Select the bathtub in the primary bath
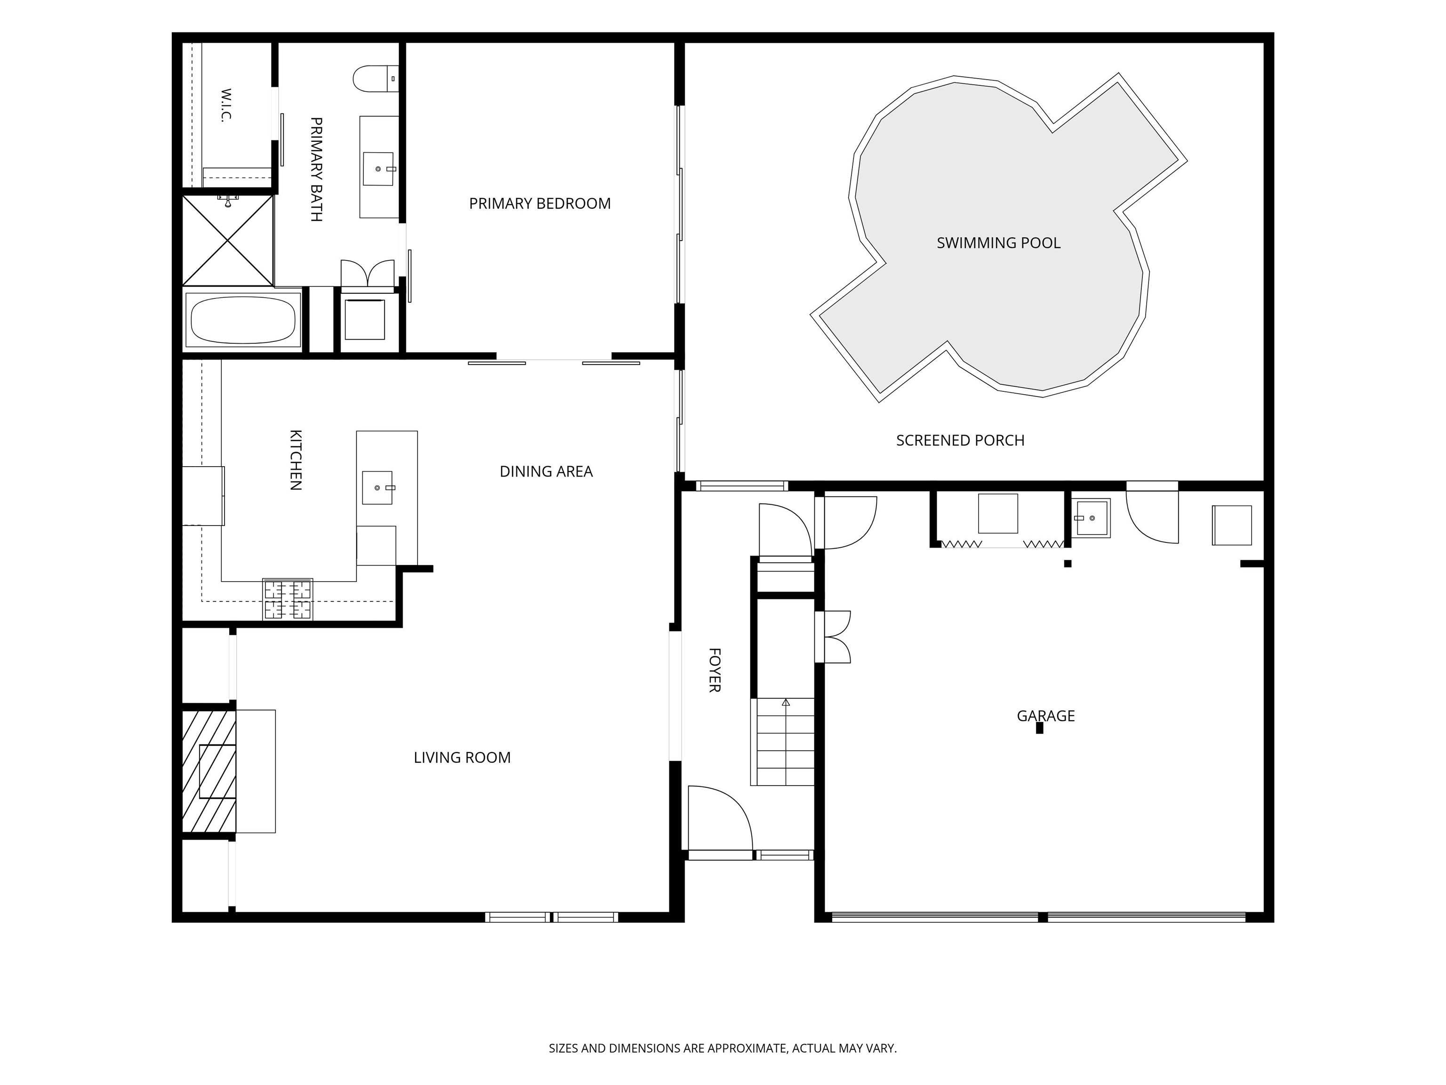tap(242, 320)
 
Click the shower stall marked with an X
tap(227, 241)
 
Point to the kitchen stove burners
tap(288, 599)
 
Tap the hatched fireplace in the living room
tap(209, 772)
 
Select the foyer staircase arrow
tap(786, 703)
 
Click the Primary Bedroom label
tap(540, 203)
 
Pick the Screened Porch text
tap(960, 441)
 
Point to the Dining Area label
tap(546, 471)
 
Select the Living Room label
tap(462, 757)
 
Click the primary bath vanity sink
tap(378, 169)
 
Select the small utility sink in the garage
tap(1091, 518)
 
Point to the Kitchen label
tap(296, 460)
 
